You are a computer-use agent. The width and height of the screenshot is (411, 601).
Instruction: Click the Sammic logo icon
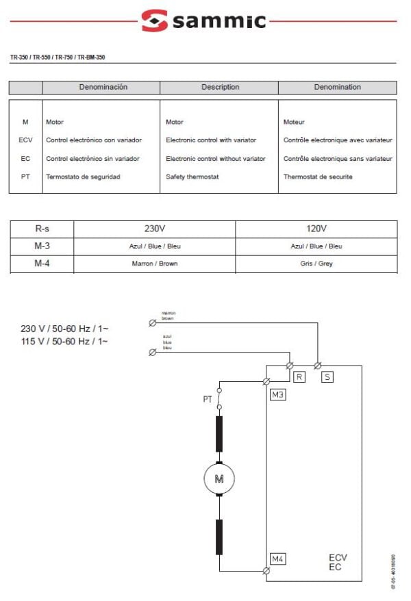[154, 21]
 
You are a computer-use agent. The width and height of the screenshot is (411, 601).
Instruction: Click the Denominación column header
[103, 87]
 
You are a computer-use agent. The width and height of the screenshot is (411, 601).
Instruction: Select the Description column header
[220, 87]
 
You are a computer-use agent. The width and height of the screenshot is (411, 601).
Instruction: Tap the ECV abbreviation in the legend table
[25, 140]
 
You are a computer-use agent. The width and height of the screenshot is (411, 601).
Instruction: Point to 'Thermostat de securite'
[318, 177]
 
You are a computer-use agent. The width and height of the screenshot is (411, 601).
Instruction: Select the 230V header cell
[154, 229]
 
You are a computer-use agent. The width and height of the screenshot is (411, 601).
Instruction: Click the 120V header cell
[316, 229]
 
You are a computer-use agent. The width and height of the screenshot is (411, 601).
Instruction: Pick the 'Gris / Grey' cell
[316, 264]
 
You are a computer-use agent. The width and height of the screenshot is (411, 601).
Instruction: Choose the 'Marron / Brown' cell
[154, 264]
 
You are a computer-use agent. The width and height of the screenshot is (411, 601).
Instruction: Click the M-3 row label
[42, 246]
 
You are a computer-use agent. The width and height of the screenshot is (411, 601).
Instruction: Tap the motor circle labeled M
[219, 478]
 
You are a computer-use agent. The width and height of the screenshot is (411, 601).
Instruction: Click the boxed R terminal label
[299, 376]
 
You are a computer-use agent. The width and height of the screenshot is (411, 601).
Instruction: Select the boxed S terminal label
[327, 376]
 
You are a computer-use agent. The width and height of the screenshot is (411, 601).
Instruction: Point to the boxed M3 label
[277, 395]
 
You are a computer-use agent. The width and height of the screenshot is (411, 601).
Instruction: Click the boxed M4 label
[277, 559]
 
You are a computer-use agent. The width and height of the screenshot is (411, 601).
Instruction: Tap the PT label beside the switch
[207, 399]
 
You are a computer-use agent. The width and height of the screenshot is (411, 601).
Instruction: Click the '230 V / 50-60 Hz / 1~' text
[65, 329]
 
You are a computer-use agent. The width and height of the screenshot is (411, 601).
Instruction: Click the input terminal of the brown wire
[152, 322]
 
